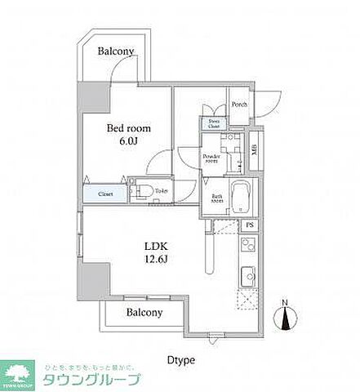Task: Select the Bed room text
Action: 127,127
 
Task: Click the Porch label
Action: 238,105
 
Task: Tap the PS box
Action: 250,225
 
